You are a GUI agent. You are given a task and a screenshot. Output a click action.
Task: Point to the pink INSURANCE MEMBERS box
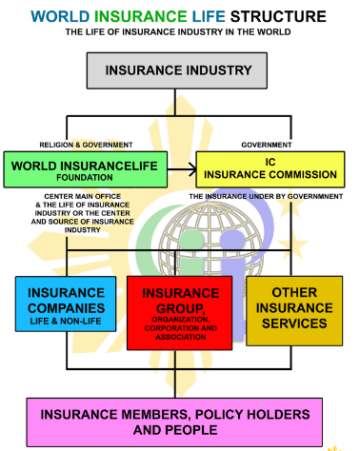coord(180,422)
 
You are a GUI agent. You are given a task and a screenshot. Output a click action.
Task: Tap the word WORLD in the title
coord(60,16)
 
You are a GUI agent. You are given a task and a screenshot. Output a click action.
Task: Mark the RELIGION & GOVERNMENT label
coord(85,145)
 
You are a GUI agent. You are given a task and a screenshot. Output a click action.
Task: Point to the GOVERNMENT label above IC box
coord(267,145)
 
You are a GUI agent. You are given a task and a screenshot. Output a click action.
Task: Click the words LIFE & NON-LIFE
coord(65,324)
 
